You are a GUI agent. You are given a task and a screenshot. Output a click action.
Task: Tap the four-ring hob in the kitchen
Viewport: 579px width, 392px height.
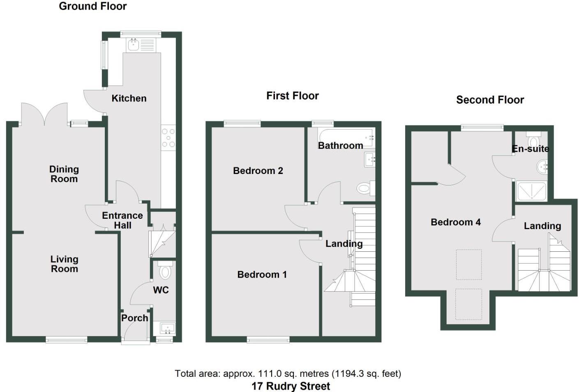(168, 138)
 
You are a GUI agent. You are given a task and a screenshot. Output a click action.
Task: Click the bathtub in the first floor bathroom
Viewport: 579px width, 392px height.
(345, 137)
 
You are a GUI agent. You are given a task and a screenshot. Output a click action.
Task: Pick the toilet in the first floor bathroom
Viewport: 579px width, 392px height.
(364, 189)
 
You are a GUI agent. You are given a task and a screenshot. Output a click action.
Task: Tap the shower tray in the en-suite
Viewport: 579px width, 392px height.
(531, 191)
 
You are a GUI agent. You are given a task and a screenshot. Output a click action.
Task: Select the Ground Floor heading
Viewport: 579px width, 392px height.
(92, 6)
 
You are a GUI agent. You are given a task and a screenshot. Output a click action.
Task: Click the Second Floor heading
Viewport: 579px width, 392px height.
(490, 100)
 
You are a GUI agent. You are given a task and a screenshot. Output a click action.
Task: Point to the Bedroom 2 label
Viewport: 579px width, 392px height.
(258, 171)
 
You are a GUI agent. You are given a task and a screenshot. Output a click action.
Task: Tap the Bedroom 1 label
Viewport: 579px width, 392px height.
(262, 274)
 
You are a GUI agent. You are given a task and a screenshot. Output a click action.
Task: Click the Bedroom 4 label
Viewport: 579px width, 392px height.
(455, 222)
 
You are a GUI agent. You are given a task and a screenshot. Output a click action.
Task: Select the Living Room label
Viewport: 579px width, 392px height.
(64, 264)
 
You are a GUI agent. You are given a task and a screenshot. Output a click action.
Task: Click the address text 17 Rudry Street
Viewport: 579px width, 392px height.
(291, 386)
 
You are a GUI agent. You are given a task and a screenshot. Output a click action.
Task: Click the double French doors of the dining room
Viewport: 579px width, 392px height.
(44, 114)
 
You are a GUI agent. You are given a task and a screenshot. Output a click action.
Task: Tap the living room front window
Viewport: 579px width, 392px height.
(66, 339)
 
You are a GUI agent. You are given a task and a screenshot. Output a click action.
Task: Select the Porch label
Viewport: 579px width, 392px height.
(134, 318)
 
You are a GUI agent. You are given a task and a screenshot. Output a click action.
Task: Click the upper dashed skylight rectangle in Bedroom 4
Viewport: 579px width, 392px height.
(468, 264)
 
